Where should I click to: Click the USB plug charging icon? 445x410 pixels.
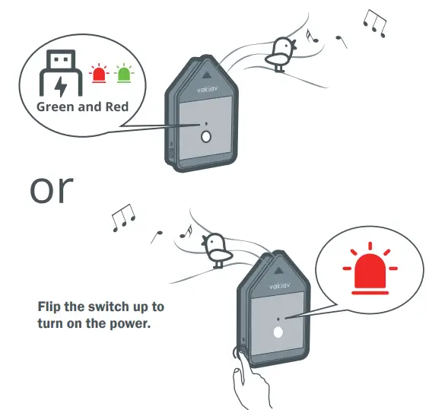click(x=61, y=73)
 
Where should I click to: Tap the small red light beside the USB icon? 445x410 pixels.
click(x=98, y=74)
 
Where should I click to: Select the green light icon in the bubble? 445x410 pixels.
click(x=124, y=74)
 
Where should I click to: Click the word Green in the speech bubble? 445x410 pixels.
click(x=56, y=107)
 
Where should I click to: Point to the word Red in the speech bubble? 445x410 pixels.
click(x=117, y=107)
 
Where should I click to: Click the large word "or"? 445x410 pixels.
click(x=52, y=189)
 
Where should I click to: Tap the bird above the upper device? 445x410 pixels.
click(x=281, y=54)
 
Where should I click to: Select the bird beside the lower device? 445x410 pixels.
click(x=217, y=249)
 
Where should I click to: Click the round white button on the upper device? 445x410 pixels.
click(x=206, y=137)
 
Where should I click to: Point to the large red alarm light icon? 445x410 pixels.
click(x=370, y=268)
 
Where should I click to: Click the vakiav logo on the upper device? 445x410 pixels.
click(x=207, y=89)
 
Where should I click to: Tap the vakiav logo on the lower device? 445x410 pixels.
click(x=279, y=286)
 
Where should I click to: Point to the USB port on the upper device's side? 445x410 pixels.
click(x=172, y=153)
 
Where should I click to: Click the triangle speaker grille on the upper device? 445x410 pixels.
click(x=208, y=75)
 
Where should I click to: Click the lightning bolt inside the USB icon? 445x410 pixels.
click(x=60, y=86)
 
